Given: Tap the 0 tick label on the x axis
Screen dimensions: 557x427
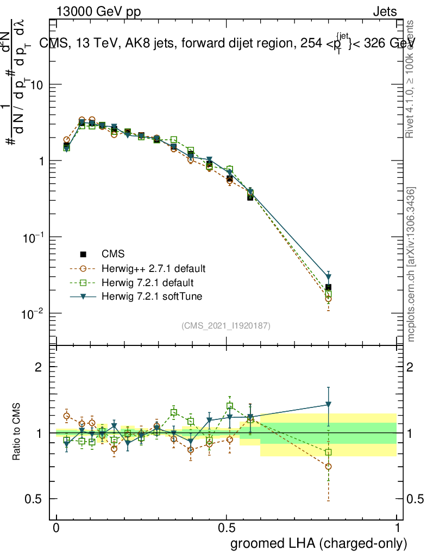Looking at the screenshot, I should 56,529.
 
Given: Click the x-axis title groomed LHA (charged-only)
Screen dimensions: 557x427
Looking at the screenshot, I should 319,543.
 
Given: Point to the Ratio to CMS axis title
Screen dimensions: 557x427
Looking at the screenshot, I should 17,432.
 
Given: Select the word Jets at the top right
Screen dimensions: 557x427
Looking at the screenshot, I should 385,11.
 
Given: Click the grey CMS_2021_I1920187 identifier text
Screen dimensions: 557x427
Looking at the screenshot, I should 226,325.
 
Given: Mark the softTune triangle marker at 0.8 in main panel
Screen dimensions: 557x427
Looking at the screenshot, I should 328,277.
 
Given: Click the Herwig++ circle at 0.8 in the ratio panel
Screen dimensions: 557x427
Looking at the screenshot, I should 328,467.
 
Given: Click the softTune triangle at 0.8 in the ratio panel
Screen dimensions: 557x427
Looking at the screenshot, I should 328,405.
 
